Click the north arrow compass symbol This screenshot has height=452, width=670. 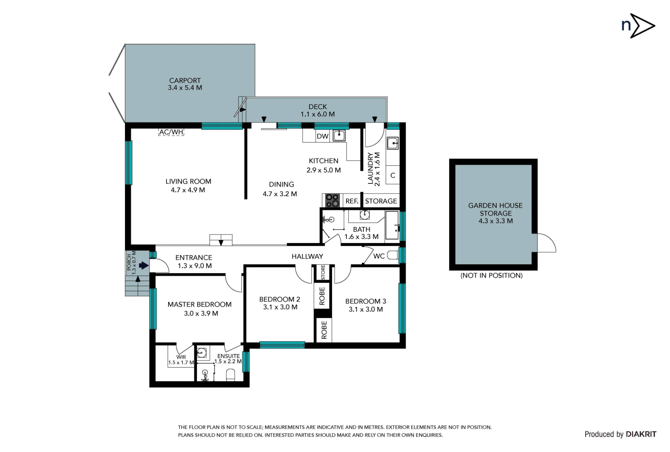[638, 26]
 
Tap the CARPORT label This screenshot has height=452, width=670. [185, 80]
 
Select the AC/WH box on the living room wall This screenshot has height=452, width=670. [171, 132]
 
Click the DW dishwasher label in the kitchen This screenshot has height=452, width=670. [323, 136]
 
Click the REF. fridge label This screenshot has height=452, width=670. [352, 201]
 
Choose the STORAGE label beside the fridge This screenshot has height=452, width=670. [381, 201]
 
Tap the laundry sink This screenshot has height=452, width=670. [393, 143]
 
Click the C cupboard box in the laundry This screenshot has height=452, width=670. [393, 175]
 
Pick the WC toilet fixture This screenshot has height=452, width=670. [393, 256]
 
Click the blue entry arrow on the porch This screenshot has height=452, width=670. [144, 265]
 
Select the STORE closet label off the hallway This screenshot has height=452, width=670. [323, 272]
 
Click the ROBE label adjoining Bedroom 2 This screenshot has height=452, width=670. [322, 296]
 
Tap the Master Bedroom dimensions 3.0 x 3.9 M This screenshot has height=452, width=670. [201, 314]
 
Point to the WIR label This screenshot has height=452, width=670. [181, 357]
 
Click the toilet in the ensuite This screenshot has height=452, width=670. [230, 375]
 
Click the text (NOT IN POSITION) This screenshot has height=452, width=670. [491, 276]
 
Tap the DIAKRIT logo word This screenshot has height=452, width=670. [641, 434]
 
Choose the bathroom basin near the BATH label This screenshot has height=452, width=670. [365, 215]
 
